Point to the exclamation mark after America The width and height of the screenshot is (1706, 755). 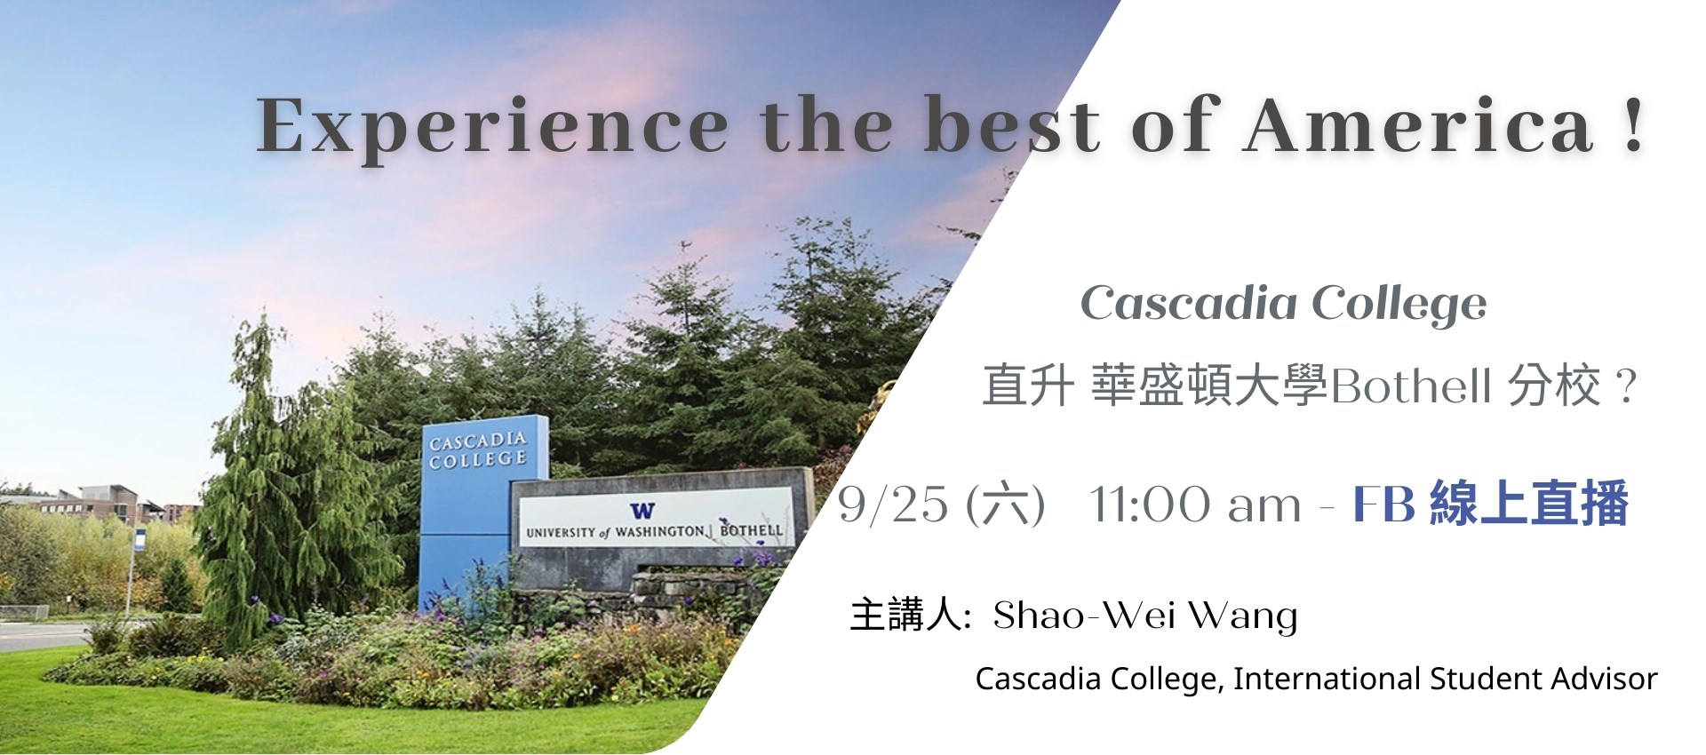[1633, 125]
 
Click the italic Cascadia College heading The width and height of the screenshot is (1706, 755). [1283, 305]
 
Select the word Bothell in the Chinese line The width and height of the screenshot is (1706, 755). [1410, 385]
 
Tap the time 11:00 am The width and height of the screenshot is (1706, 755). [1195, 505]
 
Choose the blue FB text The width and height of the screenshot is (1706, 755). [1384, 504]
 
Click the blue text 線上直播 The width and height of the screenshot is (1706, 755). [1529, 504]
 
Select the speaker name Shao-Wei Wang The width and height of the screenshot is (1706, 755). [1145, 616]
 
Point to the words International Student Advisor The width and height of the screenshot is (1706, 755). [1446, 679]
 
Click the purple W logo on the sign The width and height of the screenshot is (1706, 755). [642, 511]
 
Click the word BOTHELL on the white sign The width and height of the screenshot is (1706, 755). [751, 530]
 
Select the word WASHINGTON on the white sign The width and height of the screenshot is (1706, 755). [659, 531]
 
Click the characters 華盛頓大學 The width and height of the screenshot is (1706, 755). [1208, 385]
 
